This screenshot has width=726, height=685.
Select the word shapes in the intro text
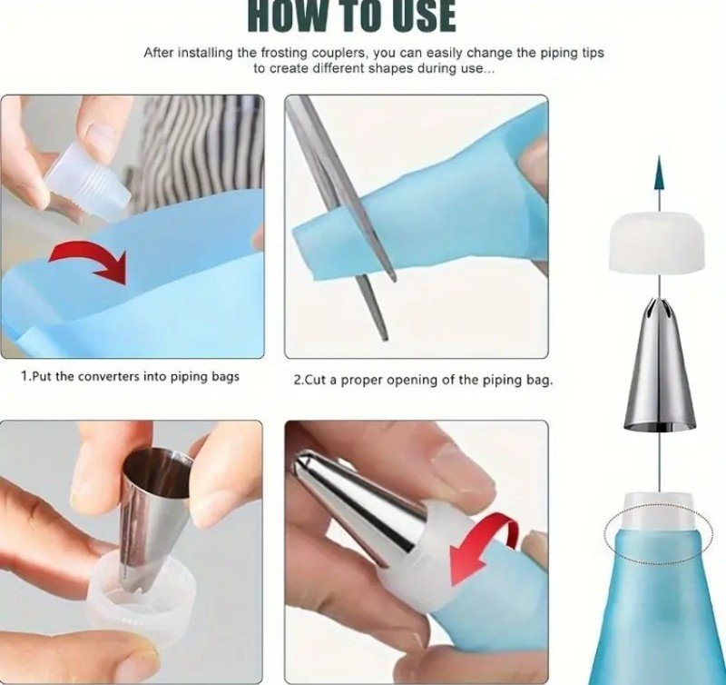390,69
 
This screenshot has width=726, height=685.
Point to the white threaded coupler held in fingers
88,181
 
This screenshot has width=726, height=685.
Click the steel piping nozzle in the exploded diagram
660,363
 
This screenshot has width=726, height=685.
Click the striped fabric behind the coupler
203,148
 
